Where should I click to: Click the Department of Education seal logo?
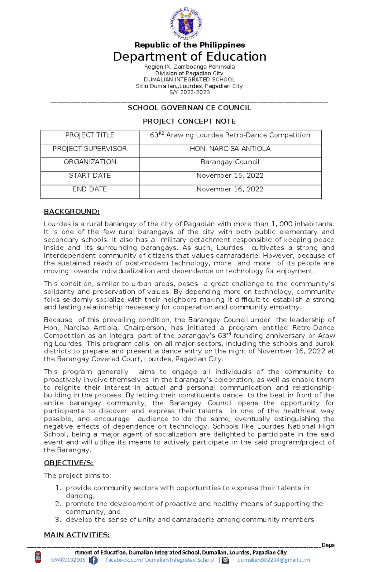(x=186, y=24)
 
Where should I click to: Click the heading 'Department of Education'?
(x=189, y=57)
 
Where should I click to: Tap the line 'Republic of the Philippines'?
(x=189, y=45)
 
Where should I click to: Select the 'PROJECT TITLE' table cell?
(x=90, y=135)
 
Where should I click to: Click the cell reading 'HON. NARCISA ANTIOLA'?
(x=230, y=149)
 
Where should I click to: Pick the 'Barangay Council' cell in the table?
(x=230, y=162)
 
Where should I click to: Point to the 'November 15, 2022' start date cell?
(x=230, y=175)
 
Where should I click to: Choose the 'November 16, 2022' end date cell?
(x=230, y=189)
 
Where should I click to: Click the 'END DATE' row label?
(x=90, y=189)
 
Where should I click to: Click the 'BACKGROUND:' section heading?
(x=72, y=212)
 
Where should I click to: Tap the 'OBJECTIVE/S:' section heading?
(x=69, y=463)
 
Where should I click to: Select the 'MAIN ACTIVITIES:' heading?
(x=77, y=535)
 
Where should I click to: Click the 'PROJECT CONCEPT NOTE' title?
(x=189, y=121)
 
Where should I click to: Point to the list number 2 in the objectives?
(x=58, y=504)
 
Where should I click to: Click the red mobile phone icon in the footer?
(x=38, y=557)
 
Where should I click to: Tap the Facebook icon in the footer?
(x=93, y=560)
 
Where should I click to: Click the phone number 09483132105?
(x=68, y=560)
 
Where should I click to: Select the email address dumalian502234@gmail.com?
(x=274, y=560)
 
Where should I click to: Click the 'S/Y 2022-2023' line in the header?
(x=189, y=92)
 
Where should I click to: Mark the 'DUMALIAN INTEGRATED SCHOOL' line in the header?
(x=189, y=79)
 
